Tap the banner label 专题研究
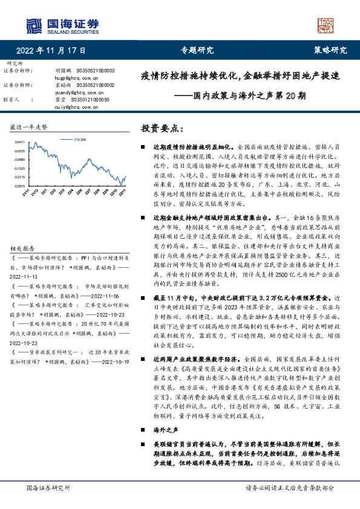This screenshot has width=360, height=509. [x=197, y=50]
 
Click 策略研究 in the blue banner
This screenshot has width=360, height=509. [x=330, y=50]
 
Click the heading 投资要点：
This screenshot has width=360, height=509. [x=162, y=129]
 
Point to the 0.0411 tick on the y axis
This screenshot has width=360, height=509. [x=19, y=141]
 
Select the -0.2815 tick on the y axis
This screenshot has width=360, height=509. [x=19, y=186]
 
